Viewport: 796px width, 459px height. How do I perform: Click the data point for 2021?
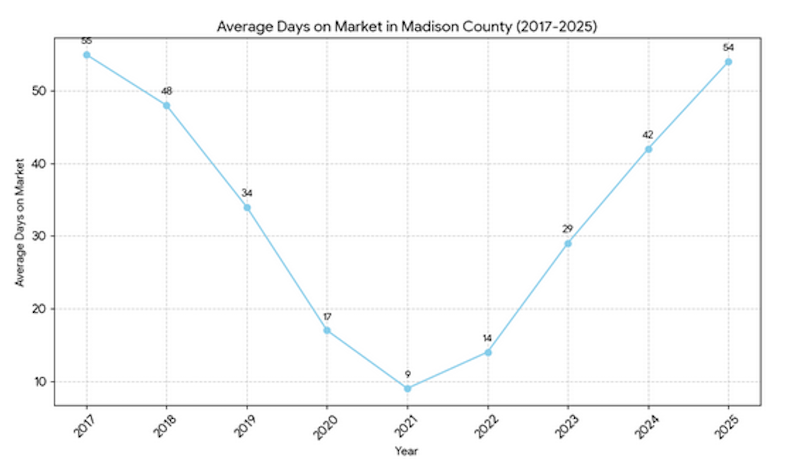[408, 388]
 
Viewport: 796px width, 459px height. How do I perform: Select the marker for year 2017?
[87, 54]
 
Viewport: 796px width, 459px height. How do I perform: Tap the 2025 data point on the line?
[728, 62]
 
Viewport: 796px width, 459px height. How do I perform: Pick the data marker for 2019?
[247, 208]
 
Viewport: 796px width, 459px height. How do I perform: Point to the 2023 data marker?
[568, 244]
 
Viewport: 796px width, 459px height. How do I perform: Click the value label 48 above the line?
[167, 91]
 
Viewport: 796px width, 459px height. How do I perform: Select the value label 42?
[648, 135]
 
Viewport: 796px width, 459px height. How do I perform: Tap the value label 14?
[487, 338]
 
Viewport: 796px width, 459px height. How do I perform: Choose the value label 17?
[327, 316]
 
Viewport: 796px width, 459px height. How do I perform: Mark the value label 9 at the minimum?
[408, 374]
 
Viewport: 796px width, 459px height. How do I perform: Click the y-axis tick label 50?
[39, 91]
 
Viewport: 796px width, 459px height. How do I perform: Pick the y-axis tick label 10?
[39, 382]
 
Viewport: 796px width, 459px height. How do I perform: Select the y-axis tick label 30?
[39, 237]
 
